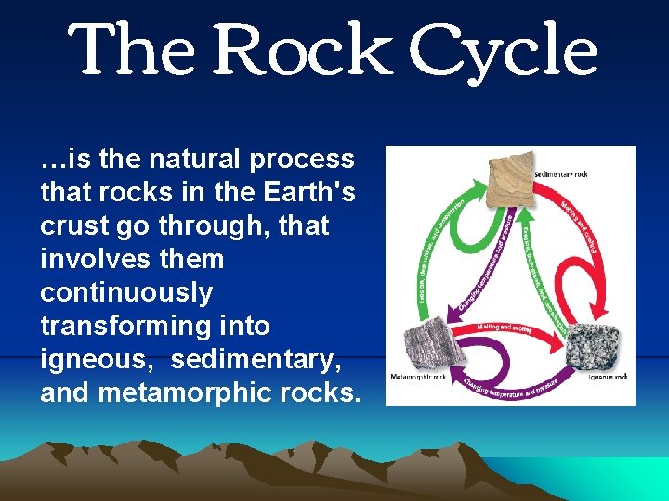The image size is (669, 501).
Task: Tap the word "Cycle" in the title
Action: (x=503, y=51)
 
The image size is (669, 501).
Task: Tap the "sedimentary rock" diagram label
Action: (x=561, y=173)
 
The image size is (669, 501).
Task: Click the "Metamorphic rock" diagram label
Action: (x=419, y=378)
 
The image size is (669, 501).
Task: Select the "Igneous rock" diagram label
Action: (x=608, y=377)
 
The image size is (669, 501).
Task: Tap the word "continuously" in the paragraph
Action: (x=126, y=293)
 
